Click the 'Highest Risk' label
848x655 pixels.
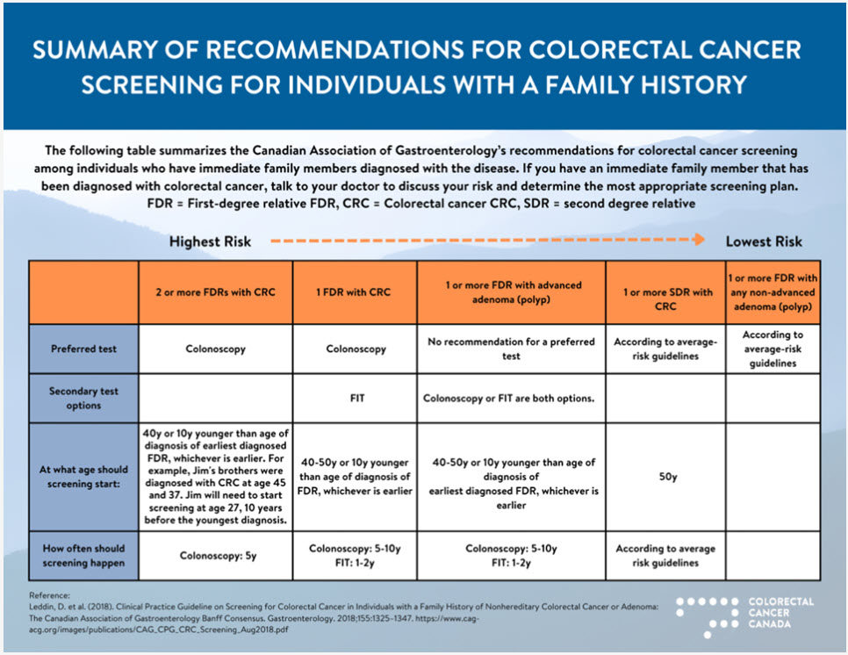coord(210,241)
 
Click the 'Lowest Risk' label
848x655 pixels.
coord(763,241)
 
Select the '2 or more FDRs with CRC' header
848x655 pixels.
coord(215,292)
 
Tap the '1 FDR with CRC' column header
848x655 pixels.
coord(355,292)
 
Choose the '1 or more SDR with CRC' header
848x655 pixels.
coord(667,292)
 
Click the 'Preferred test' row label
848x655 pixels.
coord(83,349)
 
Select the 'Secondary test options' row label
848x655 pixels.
coord(83,399)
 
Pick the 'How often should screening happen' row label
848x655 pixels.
coord(83,555)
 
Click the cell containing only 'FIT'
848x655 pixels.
coord(355,398)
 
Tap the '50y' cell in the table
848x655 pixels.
coord(667,477)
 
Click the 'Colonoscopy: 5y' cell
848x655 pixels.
coord(215,555)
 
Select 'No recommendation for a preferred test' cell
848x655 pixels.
coord(511,349)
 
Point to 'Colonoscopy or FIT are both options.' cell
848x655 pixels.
coord(509,398)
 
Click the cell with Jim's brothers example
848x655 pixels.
coord(215,477)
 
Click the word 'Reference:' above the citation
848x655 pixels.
coord(53,594)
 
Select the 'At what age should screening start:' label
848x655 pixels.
coord(83,477)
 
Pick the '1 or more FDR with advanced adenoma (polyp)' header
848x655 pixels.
coord(511,292)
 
